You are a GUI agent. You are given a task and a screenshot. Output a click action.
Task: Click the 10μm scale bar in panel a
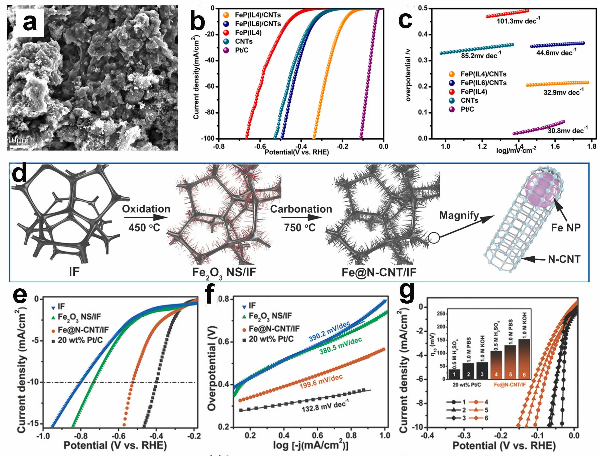19,147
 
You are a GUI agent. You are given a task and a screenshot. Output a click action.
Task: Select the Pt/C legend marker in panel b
226,50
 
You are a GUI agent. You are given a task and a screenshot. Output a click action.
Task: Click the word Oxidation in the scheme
146,209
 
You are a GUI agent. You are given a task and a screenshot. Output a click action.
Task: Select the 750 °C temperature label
300,227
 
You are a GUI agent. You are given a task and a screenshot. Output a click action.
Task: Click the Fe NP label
566,227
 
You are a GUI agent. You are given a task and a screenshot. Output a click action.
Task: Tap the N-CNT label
564,259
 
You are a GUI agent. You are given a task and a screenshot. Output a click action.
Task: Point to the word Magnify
459,215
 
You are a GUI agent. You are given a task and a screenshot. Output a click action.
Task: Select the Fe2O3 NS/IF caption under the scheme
224,273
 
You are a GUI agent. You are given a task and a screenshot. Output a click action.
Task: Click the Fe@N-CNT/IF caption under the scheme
379,272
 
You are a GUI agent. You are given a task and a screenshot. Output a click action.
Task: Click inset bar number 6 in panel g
524,359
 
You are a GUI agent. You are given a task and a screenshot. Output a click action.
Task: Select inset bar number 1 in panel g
454,374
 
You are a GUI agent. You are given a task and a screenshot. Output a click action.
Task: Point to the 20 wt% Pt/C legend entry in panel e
80,340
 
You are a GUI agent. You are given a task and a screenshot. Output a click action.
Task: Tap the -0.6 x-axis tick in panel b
260,147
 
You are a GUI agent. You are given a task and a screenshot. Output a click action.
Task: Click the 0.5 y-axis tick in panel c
423,9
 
